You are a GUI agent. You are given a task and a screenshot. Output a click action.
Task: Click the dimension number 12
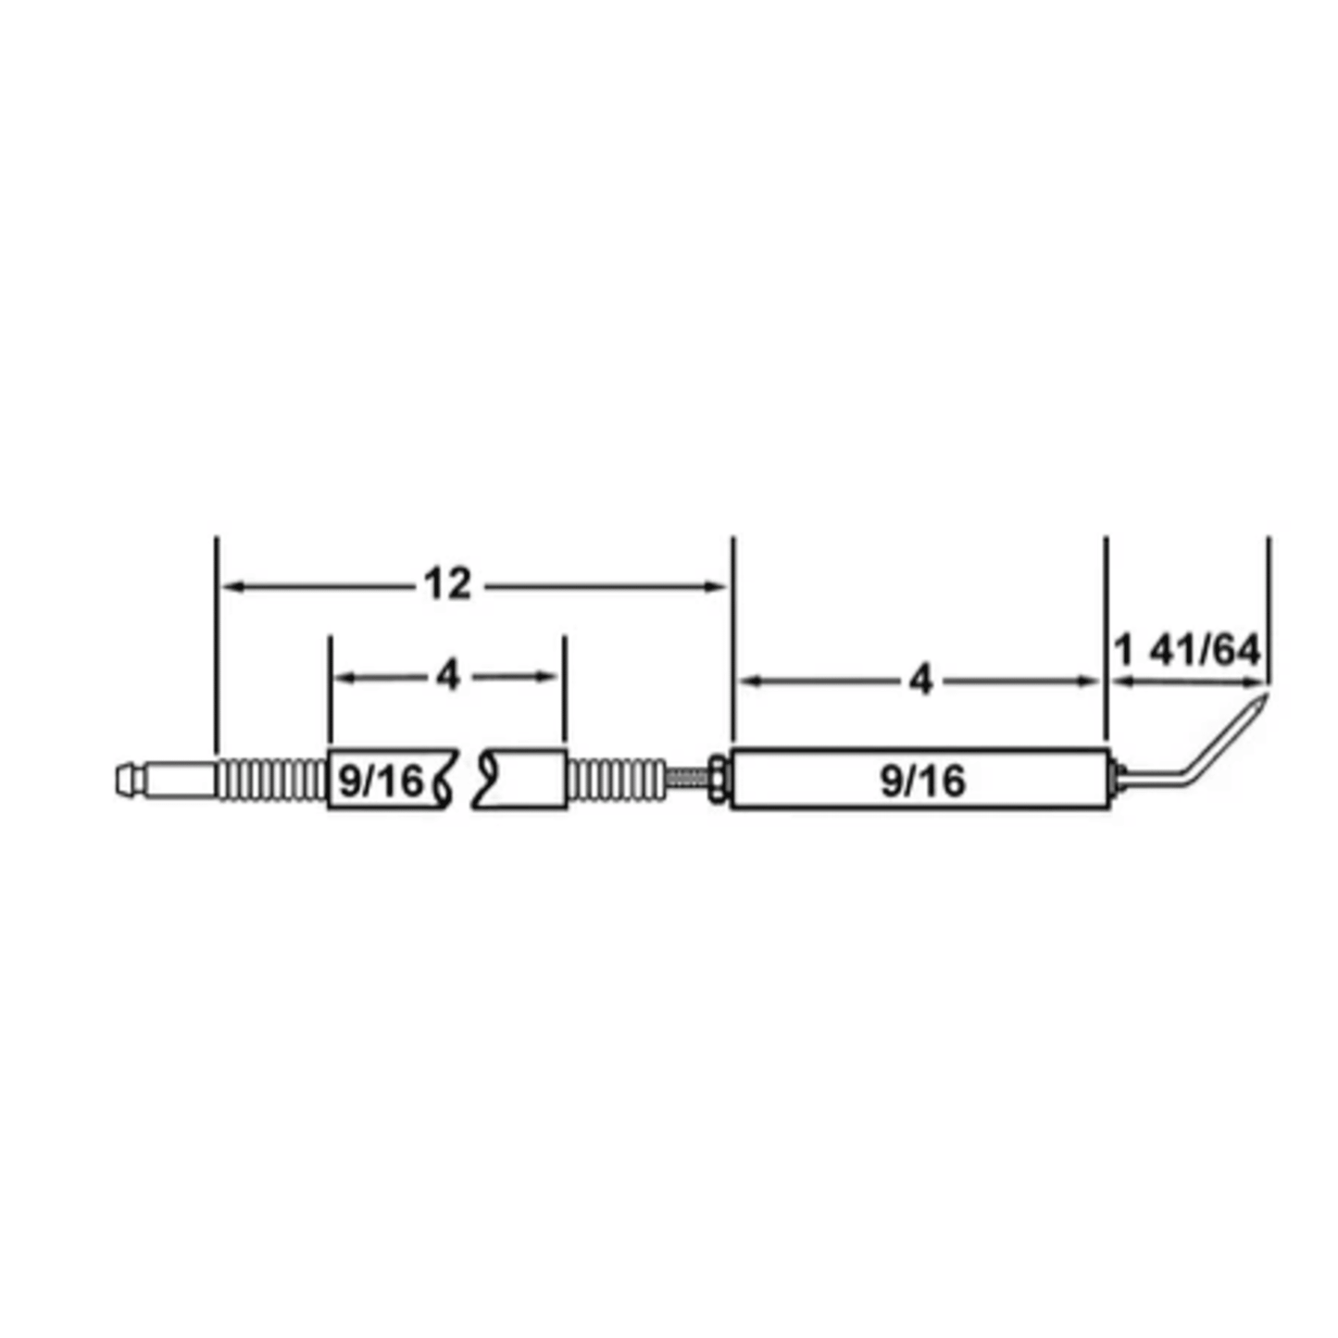[447, 584]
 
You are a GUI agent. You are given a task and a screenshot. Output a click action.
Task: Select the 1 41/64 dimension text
[1187, 651]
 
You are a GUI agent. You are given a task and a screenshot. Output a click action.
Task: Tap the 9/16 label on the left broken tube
[380, 782]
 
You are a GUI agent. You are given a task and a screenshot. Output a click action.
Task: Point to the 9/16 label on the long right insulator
[922, 782]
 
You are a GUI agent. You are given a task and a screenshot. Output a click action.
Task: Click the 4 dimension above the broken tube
[447, 677]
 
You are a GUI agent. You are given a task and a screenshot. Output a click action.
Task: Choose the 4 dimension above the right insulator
[919, 682]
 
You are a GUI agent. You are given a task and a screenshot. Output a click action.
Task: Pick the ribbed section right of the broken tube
[616, 780]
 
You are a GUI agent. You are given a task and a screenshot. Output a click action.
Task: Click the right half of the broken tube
[523, 780]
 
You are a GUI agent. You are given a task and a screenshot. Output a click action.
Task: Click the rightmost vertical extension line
[1269, 611]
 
